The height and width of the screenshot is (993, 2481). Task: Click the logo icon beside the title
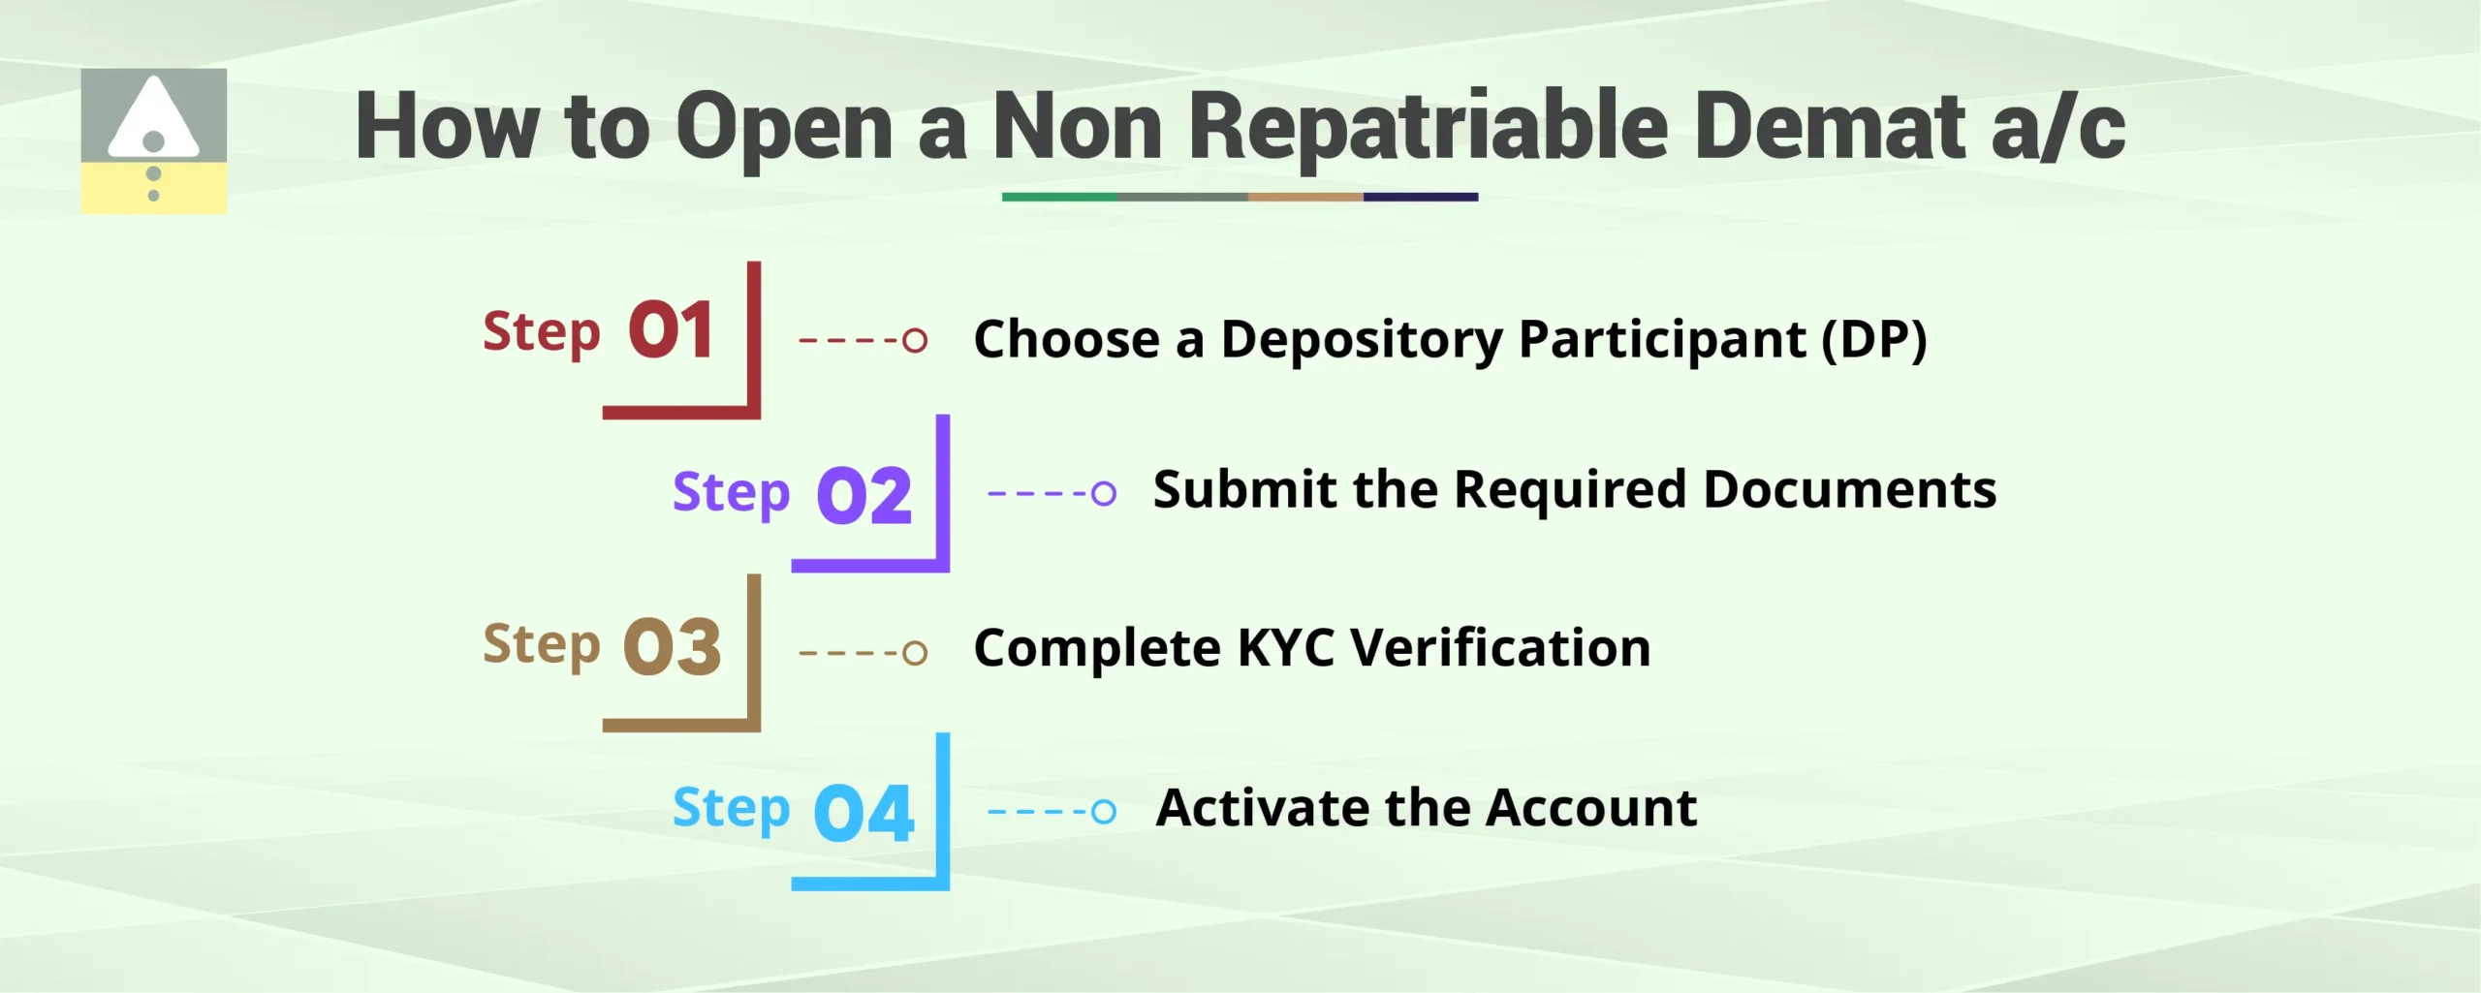tap(153, 140)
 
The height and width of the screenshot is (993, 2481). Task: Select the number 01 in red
tap(671, 330)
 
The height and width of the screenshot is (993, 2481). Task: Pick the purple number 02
tap(864, 495)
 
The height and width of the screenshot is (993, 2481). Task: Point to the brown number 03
tap(673, 647)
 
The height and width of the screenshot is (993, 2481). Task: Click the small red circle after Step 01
tap(915, 340)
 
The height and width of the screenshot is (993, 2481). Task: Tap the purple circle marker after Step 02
tap(1104, 493)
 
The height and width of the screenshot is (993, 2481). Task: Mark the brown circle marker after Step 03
tap(915, 652)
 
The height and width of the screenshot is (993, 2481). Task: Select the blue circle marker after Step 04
tap(1104, 811)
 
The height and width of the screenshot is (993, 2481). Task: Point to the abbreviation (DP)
tap(1874, 340)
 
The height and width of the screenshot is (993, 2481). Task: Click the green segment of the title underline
tap(1058, 197)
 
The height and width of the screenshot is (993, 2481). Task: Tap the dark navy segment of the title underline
tap(1421, 197)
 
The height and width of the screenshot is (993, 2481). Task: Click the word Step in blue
tap(732, 810)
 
